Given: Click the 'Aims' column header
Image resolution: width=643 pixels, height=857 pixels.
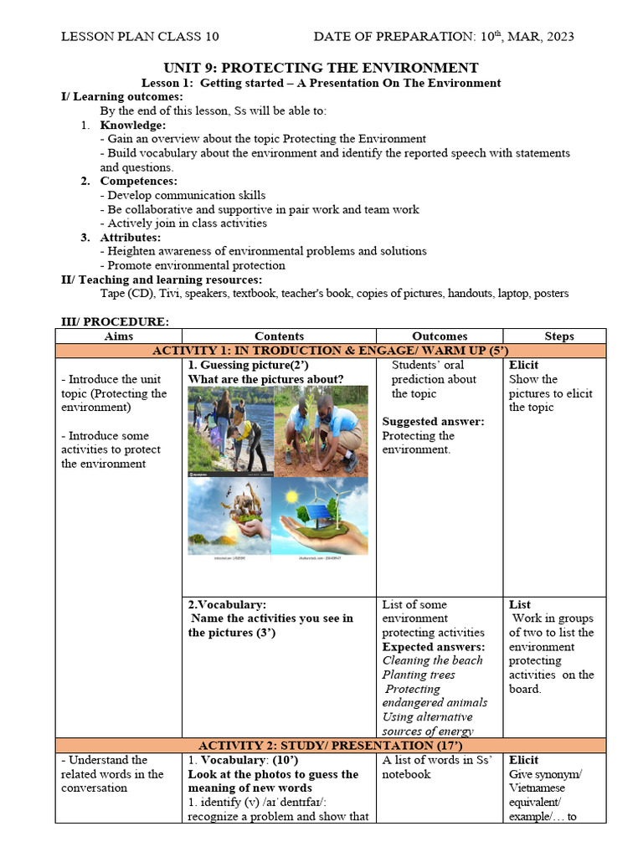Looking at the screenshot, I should pos(118,336).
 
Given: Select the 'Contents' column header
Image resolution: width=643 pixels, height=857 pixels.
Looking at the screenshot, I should pos(279,336).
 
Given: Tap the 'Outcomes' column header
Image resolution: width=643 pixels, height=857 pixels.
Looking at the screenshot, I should pos(440,336).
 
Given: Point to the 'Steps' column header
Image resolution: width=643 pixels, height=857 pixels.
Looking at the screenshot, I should pos(558,336).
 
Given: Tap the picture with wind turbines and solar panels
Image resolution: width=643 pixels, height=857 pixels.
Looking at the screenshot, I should pos(321,516).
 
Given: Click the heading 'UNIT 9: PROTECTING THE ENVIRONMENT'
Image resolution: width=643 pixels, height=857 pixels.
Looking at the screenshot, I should pos(321,68).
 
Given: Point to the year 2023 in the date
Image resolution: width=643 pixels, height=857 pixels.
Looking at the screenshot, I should pos(557,37).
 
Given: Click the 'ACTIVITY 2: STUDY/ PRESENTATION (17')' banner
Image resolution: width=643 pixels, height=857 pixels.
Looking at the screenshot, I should pos(330,745).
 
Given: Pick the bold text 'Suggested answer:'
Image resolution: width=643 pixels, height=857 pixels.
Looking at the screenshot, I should pos(433,421).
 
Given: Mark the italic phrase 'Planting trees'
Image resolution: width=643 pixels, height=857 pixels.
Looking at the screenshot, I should pos(419,675).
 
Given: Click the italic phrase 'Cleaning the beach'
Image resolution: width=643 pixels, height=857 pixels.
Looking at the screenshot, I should pos(432,660).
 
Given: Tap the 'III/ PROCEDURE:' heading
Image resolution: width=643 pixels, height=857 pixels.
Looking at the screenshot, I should pos(115,321).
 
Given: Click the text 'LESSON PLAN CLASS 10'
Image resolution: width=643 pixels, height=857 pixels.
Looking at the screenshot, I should pos(140,37).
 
